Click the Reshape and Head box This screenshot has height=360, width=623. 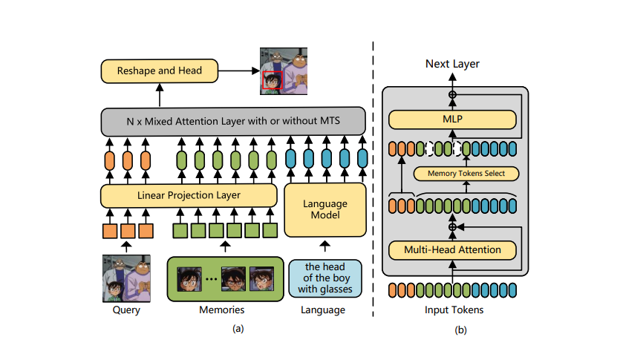160,71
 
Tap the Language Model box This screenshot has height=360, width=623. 326,209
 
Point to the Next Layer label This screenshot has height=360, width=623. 452,64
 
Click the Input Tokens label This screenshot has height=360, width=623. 452,309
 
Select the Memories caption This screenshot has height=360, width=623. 224,310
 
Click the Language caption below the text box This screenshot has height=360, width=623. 324,310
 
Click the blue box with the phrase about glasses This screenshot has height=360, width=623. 324,278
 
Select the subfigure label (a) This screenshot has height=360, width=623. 238,328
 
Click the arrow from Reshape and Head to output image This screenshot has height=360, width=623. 239,71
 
